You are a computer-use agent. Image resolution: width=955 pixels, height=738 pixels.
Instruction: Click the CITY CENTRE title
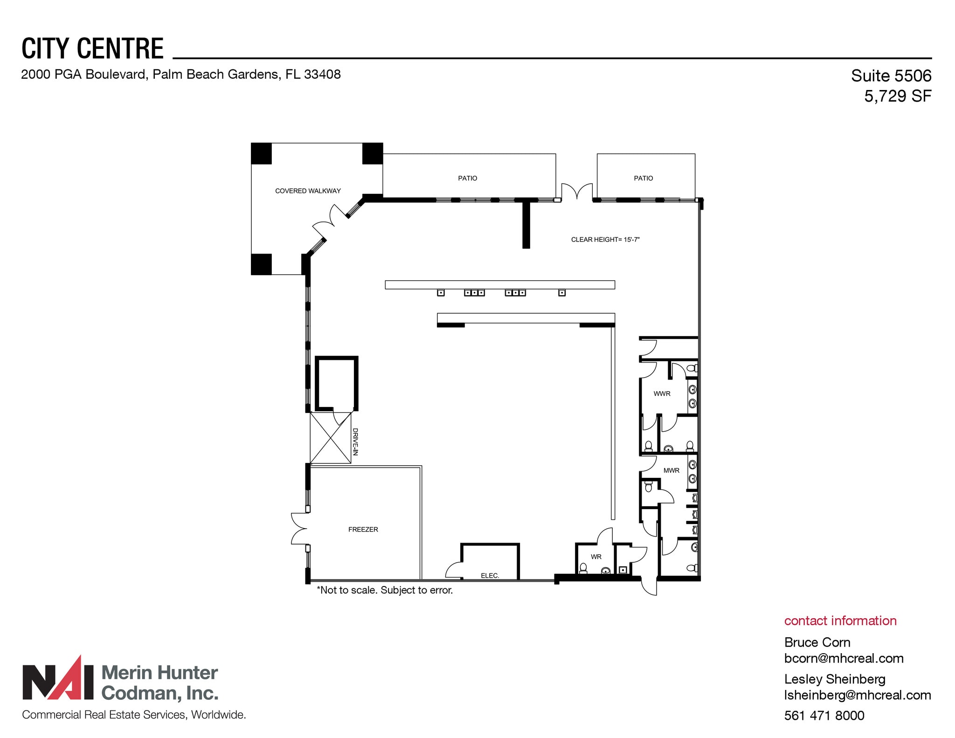pos(92,48)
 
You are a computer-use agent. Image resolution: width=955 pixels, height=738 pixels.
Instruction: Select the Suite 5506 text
pos(891,76)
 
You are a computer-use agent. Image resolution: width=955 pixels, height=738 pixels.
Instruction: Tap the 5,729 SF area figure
pos(897,96)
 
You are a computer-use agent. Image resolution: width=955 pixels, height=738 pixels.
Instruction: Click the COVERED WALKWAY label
pos(308,191)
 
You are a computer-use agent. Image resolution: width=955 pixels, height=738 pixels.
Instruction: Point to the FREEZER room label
pos(363,529)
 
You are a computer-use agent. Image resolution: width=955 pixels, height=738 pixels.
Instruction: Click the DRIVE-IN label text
pos(355,441)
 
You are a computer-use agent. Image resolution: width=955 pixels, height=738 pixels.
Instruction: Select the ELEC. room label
pos(490,575)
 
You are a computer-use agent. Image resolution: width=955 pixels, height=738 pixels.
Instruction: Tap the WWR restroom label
pos(662,393)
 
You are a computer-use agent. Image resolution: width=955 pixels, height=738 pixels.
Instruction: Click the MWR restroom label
pos(671,470)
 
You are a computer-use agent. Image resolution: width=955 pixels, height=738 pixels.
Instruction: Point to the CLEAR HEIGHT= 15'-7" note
pos(605,240)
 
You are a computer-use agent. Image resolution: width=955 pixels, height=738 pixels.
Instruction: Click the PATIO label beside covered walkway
pos(467,178)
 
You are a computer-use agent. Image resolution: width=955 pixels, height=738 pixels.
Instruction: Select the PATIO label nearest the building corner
pos(643,178)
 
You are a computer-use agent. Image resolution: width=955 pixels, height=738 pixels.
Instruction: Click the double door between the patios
pos(576,192)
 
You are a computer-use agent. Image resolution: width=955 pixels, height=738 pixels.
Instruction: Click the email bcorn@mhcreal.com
pos(844,658)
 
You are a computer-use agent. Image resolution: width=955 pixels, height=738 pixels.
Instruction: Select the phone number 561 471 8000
pos(824,715)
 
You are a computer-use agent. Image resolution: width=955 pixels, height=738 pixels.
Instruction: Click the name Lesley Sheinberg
pos(834,679)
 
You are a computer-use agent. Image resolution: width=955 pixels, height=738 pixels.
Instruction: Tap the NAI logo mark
pos(59,679)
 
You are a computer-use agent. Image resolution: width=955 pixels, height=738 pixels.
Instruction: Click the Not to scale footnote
pos(385,590)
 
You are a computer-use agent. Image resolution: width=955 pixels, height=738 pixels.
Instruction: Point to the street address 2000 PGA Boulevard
pos(180,74)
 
